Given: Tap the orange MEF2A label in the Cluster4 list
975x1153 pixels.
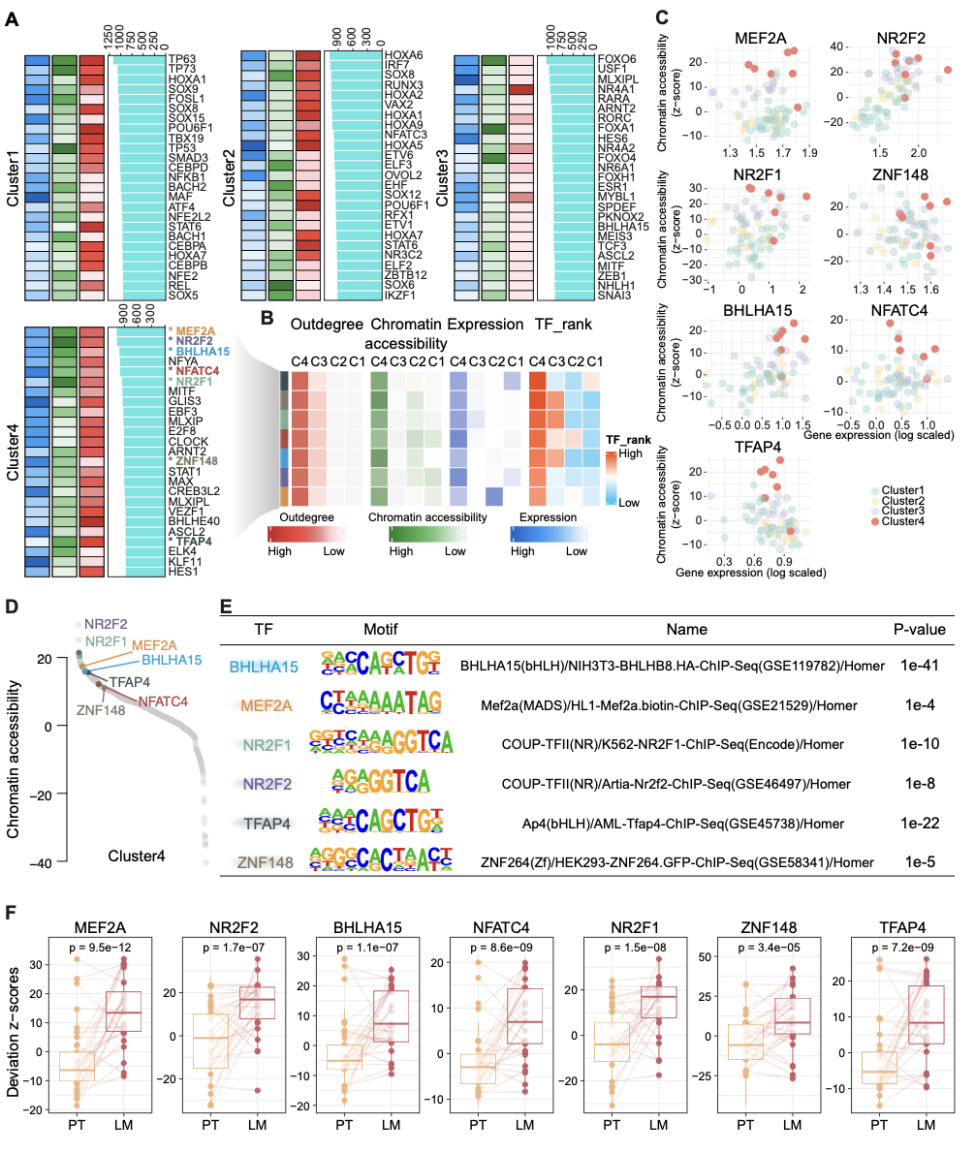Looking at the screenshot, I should [189, 331].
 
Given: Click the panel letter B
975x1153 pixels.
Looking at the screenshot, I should [254, 317].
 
